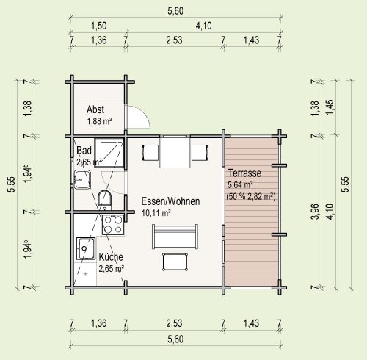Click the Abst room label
(x=95, y=109)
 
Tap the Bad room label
(x=84, y=151)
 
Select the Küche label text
(x=111, y=257)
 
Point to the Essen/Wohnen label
(x=170, y=201)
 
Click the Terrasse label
(x=244, y=173)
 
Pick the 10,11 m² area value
(x=156, y=213)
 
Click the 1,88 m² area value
(x=100, y=121)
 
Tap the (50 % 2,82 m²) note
(x=251, y=196)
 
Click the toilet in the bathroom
(x=105, y=199)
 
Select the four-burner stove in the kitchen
(x=113, y=225)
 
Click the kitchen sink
(x=86, y=248)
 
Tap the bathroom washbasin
(x=82, y=179)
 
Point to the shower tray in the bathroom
(x=109, y=154)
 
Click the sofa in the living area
(x=175, y=237)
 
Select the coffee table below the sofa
(x=175, y=262)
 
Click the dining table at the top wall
(x=175, y=153)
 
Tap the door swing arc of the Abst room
(x=142, y=115)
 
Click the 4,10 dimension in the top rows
(x=203, y=26)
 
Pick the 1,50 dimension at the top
(x=98, y=26)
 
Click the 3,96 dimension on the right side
(x=316, y=211)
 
